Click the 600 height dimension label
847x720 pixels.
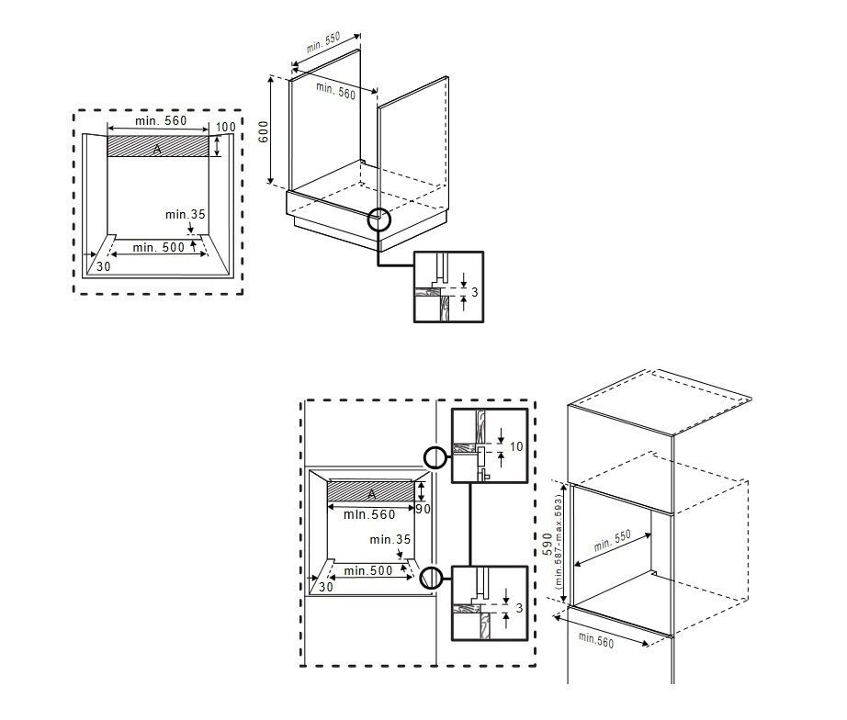pos(263,130)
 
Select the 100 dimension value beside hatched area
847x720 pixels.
pos(225,126)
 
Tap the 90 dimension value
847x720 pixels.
pos(423,509)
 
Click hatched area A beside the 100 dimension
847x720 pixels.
pos(158,147)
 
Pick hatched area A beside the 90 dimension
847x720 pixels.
pos(371,493)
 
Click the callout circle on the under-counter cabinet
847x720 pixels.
pos(378,219)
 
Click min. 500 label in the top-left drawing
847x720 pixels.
pos(157,247)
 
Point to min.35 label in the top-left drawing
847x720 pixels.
pos(185,214)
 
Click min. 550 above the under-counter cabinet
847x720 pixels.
pos(323,42)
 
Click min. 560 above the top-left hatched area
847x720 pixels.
pos(161,121)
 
